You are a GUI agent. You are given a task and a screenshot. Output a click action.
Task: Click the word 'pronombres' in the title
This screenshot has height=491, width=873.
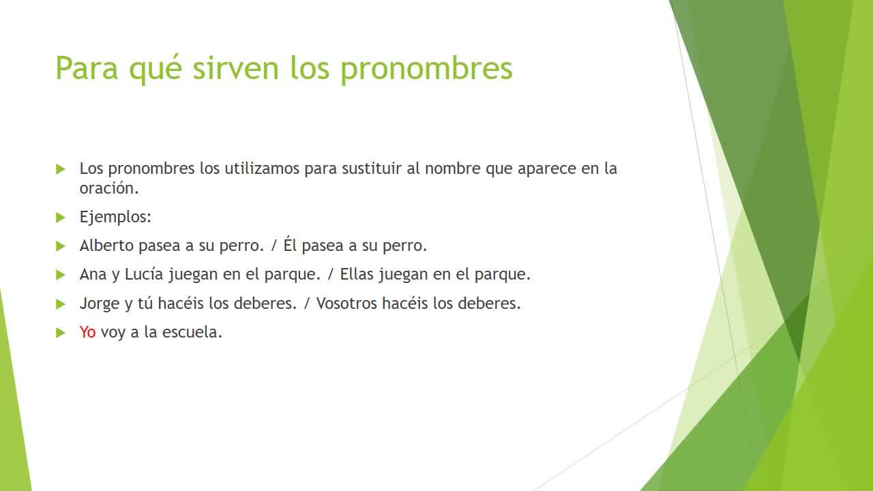[426, 70]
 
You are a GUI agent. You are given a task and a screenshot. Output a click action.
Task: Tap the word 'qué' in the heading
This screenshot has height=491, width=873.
[155, 69]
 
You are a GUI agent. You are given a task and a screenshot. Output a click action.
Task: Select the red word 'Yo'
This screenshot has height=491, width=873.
[87, 332]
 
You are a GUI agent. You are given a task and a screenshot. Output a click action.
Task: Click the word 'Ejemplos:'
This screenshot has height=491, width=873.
[115, 217]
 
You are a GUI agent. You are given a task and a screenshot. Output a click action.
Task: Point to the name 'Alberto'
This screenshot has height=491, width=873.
[107, 245]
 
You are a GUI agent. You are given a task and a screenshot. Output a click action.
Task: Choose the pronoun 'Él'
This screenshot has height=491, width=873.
[290, 244]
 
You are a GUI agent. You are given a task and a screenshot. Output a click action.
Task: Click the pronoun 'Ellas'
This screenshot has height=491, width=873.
[357, 274]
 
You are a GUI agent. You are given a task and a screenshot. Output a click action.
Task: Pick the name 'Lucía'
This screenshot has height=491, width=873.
[144, 274]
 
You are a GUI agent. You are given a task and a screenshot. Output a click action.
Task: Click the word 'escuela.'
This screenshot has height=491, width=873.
[192, 332]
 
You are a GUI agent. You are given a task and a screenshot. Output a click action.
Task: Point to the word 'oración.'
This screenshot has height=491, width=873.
[109, 188]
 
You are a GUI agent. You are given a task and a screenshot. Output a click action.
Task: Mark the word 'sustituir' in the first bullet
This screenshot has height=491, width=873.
[372, 168]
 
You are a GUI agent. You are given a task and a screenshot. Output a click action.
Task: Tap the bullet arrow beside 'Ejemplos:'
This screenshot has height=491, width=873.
[61, 218]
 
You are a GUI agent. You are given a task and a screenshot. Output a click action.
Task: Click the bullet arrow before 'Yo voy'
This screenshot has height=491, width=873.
[61, 333]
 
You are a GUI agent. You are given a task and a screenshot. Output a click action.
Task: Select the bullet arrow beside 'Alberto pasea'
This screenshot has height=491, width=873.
[61, 246]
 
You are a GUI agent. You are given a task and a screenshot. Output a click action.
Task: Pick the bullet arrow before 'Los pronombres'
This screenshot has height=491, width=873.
[61, 169]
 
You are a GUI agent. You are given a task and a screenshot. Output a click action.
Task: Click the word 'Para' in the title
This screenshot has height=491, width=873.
[87, 69]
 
